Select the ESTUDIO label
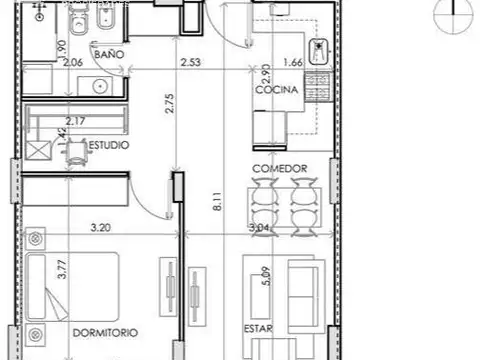point(107,145)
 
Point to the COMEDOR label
point(279,168)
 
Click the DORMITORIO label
point(104,331)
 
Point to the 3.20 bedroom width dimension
point(99,228)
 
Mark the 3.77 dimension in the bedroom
point(62,272)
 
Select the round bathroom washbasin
point(99,87)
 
